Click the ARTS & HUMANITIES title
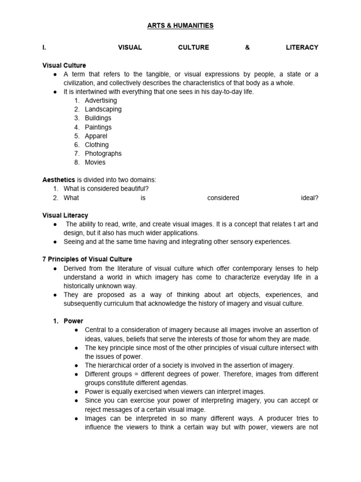click(x=180, y=25)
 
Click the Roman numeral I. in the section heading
click(x=45, y=48)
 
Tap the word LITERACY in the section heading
click(x=302, y=48)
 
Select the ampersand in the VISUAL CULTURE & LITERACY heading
click(x=247, y=48)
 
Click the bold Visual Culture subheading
click(x=64, y=65)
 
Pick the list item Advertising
click(x=101, y=100)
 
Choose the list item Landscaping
click(x=103, y=109)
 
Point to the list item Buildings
click(x=98, y=118)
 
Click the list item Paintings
click(x=98, y=127)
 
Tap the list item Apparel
click(x=96, y=136)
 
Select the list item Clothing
click(x=96, y=145)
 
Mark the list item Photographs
click(x=103, y=153)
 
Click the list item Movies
click(x=95, y=162)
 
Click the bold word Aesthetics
click(x=59, y=180)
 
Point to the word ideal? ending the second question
click(x=309, y=198)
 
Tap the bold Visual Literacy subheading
click(x=65, y=215)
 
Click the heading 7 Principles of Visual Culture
click(x=87, y=259)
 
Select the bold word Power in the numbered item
click(x=73, y=321)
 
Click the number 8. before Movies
click(x=77, y=162)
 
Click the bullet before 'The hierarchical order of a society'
click(x=77, y=365)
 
